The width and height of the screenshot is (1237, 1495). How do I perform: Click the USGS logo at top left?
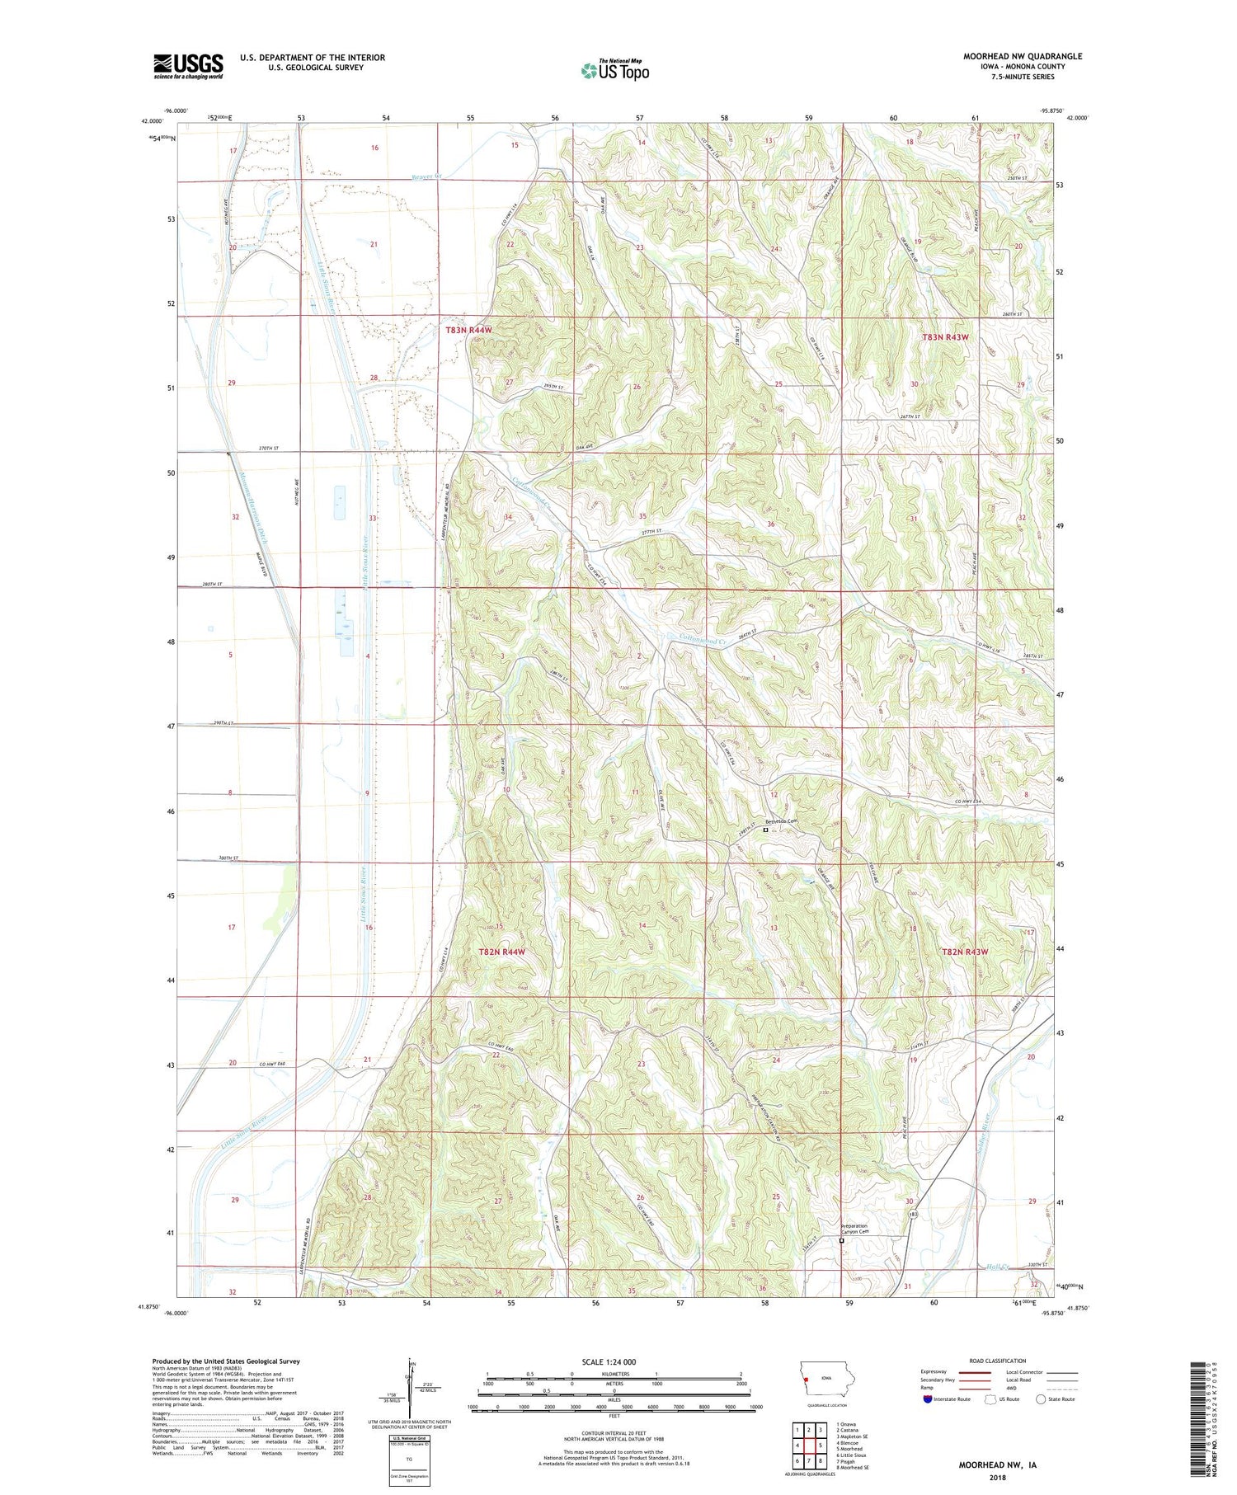pyautogui.click(x=188, y=67)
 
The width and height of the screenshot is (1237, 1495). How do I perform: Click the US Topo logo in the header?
pyautogui.click(x=614, y=71)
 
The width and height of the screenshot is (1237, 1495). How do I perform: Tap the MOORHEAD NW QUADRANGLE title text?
pyautogui.click(x=1022, y=56)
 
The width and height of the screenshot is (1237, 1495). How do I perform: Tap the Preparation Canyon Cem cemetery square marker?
pyautogui.click(x=841, y=1240)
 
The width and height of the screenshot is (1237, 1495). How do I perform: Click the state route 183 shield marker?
pyautogui.click(x=913, y=1215)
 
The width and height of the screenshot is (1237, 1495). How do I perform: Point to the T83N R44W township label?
pyautogui.click(x=468, y=330)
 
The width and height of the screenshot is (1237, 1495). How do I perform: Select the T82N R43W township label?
pyautogui.click(x=965, y=952)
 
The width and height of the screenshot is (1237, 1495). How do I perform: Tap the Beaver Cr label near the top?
pyautogui.click(x=427, y=176)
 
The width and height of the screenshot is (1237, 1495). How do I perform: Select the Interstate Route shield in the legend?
pyautogui.click(x=927, y=1399)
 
